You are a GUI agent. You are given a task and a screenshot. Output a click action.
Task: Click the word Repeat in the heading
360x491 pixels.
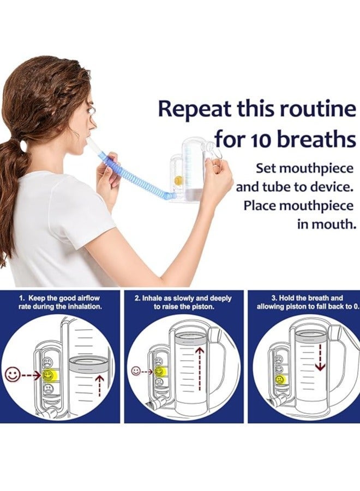[x=194, y=110]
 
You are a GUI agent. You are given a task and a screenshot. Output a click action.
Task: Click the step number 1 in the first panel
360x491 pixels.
[x=21, y=299]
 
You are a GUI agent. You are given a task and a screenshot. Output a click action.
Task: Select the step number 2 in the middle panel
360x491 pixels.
[x=137, y=299]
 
